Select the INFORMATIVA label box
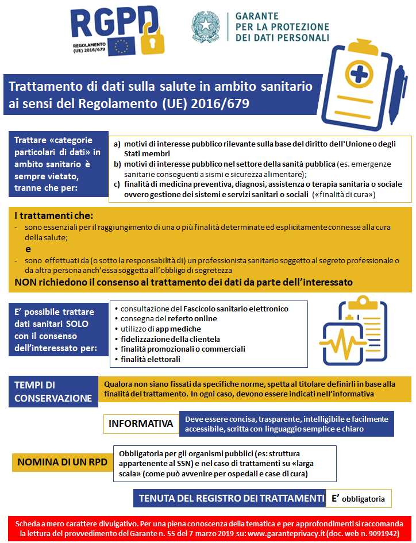141,424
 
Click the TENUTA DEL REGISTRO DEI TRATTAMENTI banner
229,498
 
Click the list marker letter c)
117,184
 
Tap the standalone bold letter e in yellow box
28,249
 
